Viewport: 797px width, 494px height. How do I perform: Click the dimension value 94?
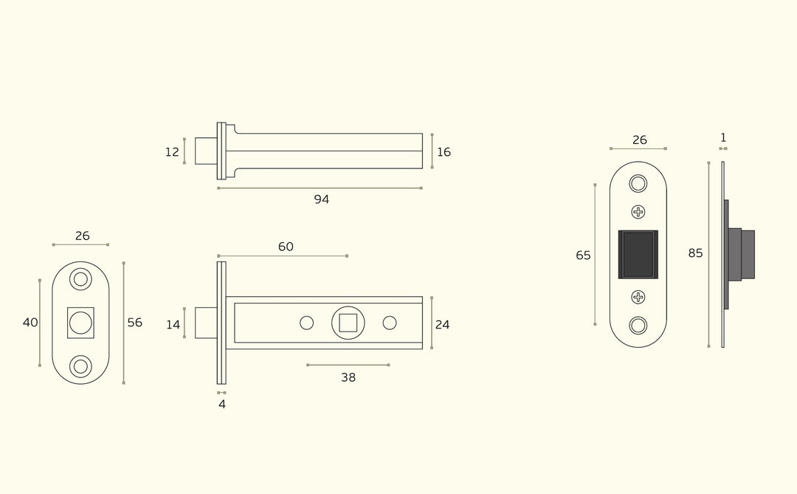tap(321, 199)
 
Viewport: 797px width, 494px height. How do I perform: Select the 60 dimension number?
tap(286, 247)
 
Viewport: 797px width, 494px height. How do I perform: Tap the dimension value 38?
tap(348, 377)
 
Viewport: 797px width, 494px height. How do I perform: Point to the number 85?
tap(695, 253)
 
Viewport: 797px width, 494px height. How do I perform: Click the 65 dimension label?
tap(583, 255)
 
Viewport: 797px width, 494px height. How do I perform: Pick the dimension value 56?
tap(135, 323)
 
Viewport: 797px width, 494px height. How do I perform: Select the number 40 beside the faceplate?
tap(30, 323)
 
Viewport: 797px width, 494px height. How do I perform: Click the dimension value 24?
tap(442, 325)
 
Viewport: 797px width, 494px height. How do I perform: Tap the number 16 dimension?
tap(444, 152)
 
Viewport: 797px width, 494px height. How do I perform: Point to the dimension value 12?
tap(172, 152)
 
